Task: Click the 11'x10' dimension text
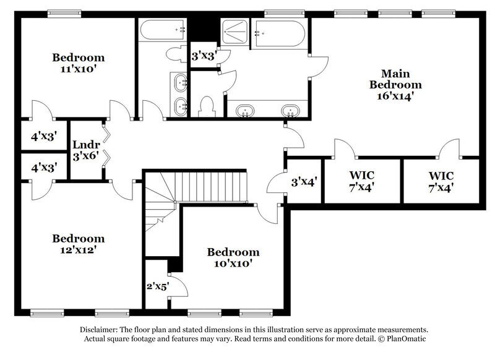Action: pyautogui.click(x=78, y=70)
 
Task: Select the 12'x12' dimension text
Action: pyautogui.click(x=78, y=251)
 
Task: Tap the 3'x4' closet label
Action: pyautogui.click(x=304, y=182)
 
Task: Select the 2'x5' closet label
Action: pyautogui.click(x=157, y=286)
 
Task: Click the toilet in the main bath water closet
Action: pyautogui.click(x=205, y=106)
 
